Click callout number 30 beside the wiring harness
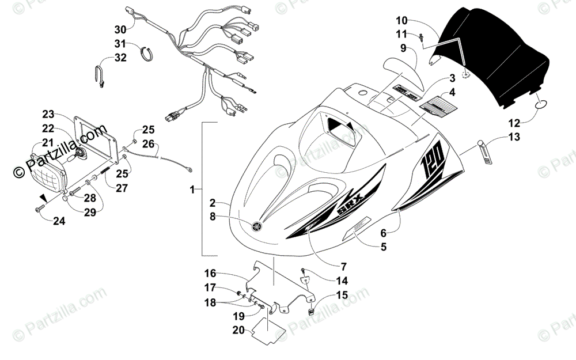click(120, 29)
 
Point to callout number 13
click(514, 137)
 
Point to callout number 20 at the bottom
click(238, 330)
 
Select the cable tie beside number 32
click(100, 77)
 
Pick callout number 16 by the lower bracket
click(210, 273)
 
